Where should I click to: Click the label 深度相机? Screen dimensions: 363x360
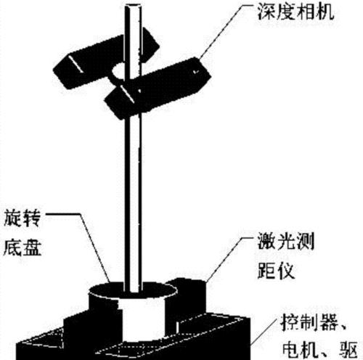(295, 12)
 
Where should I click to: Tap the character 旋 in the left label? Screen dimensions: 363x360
(12, 218)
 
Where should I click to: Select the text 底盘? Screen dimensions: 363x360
(23, 247)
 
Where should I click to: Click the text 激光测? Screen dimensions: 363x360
(285, 241)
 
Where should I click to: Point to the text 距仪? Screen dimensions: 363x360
(276, 270)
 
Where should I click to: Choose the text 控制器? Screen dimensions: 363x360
(309, 323)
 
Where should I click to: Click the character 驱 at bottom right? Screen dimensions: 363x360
(348, 350)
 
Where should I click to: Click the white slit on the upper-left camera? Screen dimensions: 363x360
(76, 64)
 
